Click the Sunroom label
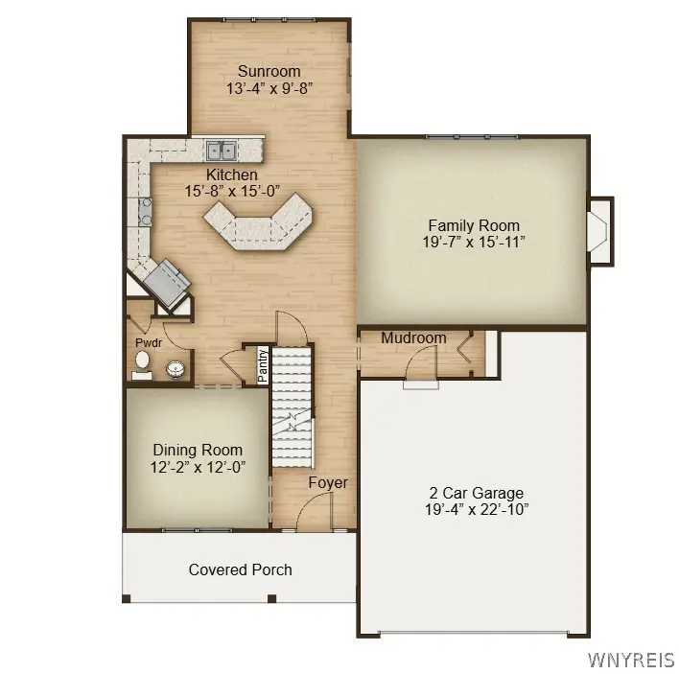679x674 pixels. coord(269,71)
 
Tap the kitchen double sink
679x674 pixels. coord(221,151)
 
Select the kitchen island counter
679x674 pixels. coord(258,221)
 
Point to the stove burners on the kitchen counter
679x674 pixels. coord(146,212)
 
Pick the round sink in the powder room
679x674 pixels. coord(176,369)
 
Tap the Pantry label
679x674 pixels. coord(263,366)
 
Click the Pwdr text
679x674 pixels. coord(149,343)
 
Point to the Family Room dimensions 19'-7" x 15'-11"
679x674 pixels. coord(474,242)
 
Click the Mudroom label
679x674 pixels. coord(413,337)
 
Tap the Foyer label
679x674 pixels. coord(328,482)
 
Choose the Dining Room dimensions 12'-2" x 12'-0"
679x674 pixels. coord(198,468)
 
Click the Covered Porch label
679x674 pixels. coord(241,569)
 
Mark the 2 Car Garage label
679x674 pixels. coord(477,493)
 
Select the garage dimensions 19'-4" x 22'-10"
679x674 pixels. coord(477,509)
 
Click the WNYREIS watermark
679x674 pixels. coord(631,660)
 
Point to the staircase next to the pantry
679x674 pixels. coord(292,407)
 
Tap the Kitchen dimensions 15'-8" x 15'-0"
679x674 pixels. coord(232,191)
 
